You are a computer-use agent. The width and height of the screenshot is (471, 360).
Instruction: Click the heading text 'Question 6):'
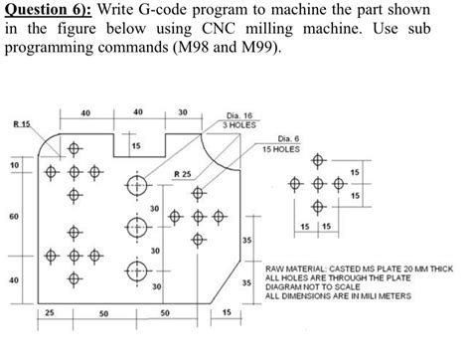pyautogui.click(x=48, y=11)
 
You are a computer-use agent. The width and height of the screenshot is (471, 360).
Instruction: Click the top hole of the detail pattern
pyautogui.click(x=318, y=160)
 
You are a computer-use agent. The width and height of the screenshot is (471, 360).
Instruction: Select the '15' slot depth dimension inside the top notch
pyautogui.click(x=135, y=147)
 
